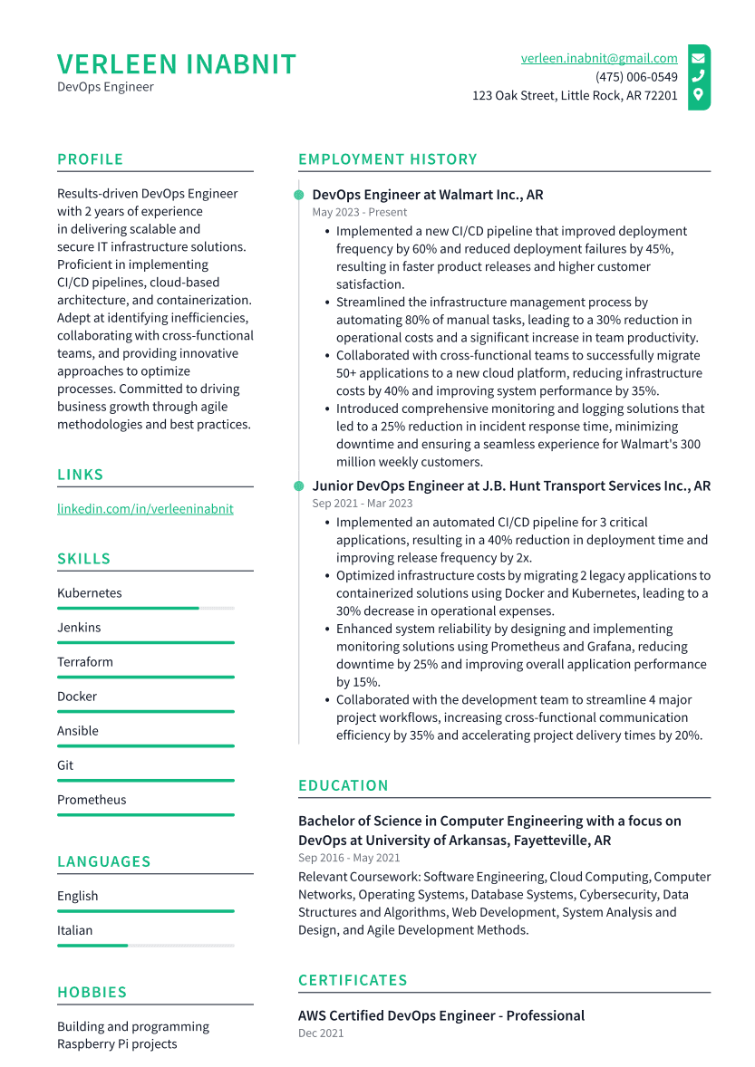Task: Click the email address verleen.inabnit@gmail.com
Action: click(599, 58)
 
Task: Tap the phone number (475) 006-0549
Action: click(636, 77)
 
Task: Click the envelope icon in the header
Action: click(698, 58)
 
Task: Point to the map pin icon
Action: click(698, 94)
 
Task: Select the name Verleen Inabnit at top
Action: click(177, 64)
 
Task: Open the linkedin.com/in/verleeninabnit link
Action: click(145, 509)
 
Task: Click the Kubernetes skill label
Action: click(90, 593)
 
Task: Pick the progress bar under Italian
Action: click(145, 946)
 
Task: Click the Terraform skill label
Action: click(85, 662)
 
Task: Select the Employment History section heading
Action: click(388, 159)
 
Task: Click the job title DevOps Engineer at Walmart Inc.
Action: click(428, 195)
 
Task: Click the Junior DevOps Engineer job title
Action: click(511, 486)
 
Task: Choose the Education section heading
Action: click(344, 786)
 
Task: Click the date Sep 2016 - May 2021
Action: click(349, 858)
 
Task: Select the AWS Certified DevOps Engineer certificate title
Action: click(441, 1016)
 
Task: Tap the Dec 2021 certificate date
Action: click(321, 1033)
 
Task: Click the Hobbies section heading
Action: click(92, 993)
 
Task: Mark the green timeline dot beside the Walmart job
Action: click(299, 195)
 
